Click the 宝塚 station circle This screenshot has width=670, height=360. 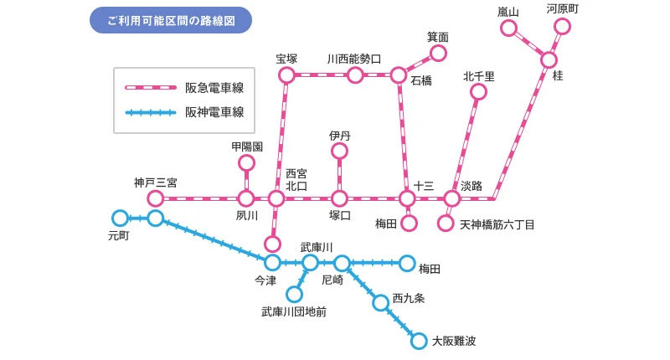point(287,75)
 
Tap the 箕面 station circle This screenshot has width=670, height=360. point(437,54)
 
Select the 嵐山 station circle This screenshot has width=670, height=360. point(508,28)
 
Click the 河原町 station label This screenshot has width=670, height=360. point(563,9)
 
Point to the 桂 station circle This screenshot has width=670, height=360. point(549,60)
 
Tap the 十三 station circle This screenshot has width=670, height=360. point(407,199)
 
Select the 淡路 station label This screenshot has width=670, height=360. point(472,186)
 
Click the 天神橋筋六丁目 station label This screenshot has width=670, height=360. point(497,225)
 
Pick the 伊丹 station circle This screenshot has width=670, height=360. point(339,151)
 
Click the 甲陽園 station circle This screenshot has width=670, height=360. point(246,162)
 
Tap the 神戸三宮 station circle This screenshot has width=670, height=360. point(155,198)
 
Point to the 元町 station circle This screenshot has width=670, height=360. point(120,218)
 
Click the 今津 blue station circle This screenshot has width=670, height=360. point(272,263)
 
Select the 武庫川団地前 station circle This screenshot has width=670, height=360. point(294,294)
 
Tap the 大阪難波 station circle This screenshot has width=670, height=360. point(419,340)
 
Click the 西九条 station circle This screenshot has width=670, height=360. point(381,302)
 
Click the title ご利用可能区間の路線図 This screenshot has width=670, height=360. point(170,19)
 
